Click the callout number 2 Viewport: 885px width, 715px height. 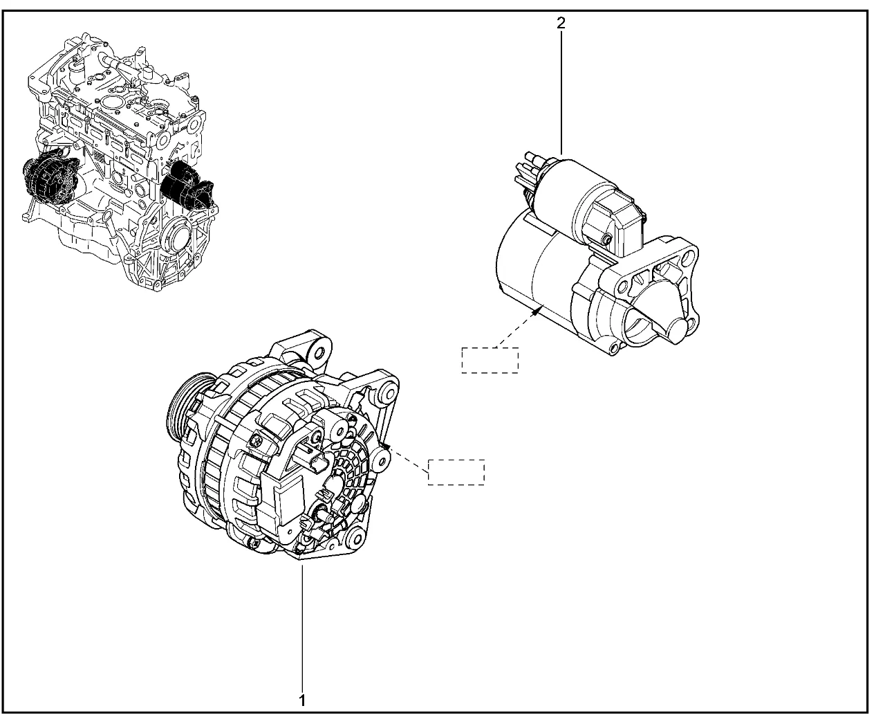click(x=561, y=24)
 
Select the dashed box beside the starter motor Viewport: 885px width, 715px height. click(x=490, y=360)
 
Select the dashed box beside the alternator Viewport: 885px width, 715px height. click(x=456, y=472)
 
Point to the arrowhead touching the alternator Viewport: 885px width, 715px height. click(x=386, y=446)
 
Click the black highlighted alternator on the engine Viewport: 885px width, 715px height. click(x=50, y=180)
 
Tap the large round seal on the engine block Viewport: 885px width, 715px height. click(x=178, y=237)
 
